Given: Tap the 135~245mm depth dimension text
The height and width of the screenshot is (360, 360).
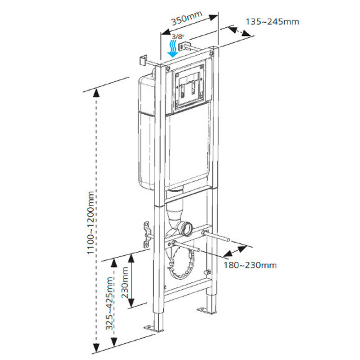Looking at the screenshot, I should pos(272,22).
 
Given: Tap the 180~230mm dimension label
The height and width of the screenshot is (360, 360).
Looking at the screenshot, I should pos(250,265).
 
